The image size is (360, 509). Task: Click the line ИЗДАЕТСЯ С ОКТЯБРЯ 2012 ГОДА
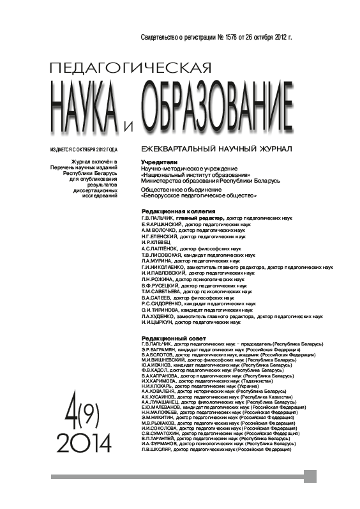84,149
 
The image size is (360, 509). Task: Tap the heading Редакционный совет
169,337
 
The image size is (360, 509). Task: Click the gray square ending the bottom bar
310,476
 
